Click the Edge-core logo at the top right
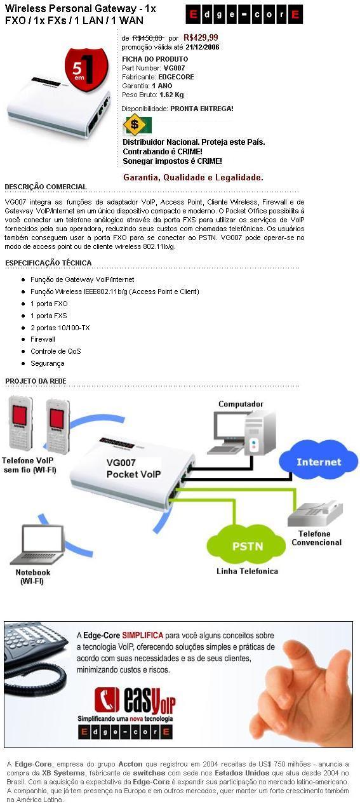point(244,15)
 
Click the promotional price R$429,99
point(201,37)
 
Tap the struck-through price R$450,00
point(148,37)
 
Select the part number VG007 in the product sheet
point(174,68)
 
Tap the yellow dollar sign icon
point(134,125)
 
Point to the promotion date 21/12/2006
point(203,47)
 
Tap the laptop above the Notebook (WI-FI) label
point(37,544)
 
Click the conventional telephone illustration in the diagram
point(315,514)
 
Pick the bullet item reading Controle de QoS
point(56,351)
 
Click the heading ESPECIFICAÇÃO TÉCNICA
point(48,263)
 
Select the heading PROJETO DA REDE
point(36,381)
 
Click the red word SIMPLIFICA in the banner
point(143,635)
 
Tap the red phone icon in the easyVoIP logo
point(107,700)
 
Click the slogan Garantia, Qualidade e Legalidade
point(193,177)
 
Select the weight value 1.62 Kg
point(171,95)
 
